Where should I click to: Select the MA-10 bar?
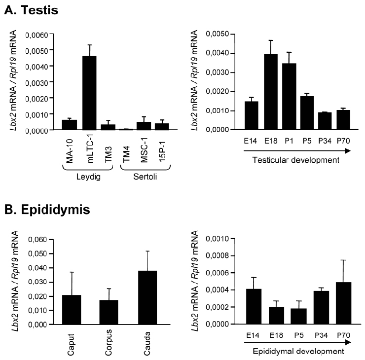[x=69, y=125]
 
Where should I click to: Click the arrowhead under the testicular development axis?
[x=348, y=151]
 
